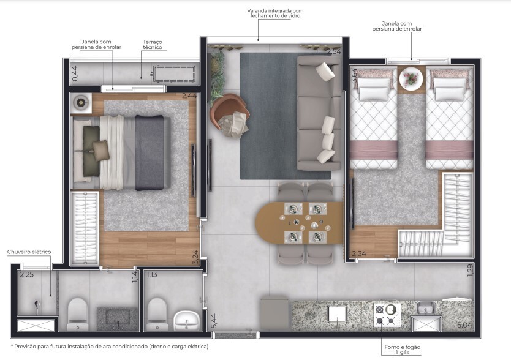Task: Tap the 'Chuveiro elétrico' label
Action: [29, 252]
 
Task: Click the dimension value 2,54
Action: [333, 51]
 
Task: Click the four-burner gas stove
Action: [387, 315]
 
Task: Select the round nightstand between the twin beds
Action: [411, 80]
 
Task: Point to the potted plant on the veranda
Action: [216, 73]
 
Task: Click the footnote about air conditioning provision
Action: [109, 347]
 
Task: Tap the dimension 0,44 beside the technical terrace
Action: [75, 74]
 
